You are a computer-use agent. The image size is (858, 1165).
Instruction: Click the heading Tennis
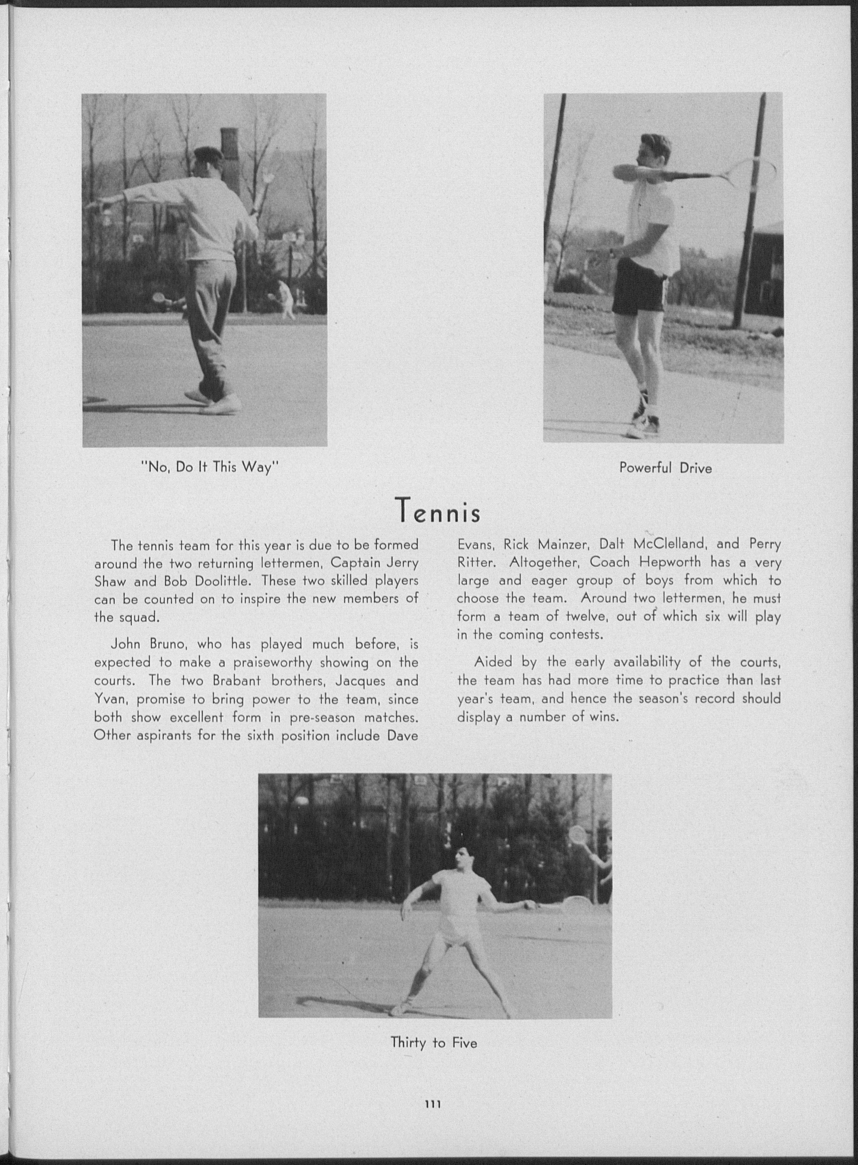click(x=437, y=511)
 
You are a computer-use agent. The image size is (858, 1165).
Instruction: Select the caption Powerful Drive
click(x=665, y=468)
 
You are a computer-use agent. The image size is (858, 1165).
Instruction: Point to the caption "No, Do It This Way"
click(x=210, y=467)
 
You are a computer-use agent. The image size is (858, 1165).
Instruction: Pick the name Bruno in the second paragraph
click(x=165, y=645)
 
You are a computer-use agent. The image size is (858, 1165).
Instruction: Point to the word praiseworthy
click(x=272, y=663)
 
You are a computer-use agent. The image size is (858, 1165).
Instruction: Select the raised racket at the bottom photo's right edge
click(x=577, y=835)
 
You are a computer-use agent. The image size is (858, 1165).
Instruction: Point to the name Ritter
click(x=474, y=562)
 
